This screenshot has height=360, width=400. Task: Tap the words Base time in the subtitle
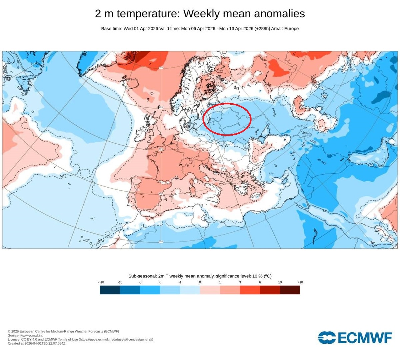pyautogui.click(x=111, y=29)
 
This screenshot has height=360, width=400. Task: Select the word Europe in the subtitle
pyautogui.click(x=291, y=29)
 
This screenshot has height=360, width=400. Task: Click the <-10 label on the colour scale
pyautogui.click(x=101, y=282)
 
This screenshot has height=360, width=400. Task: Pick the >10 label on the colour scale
pyautogui.click(x=300, y=282)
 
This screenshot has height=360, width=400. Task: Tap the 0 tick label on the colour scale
pyautogui.click(x=200, y=282)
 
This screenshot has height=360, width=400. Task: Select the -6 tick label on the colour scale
pyautogui.click(x=140, y=282)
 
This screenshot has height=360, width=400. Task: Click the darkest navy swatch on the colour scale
pyautogui.click(x=110, y=290)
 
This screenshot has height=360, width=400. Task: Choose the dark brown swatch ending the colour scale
pyautogui.click(x=290, y=290)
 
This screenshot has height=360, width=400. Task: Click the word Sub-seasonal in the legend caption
pyautogui.click(x=142, y=276)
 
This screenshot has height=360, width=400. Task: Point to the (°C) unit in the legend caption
pyautogui.click(x=267, y=276)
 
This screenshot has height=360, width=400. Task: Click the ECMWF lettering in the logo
pyautogui.click(x=365, y=338)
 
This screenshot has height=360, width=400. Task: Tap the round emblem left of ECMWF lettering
pyautogui.click(x=327, y=338)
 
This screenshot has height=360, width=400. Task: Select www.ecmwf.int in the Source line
pyautogui.click(x=31, y=335)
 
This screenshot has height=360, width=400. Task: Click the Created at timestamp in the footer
pyautogui.click(x=37, y=343)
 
